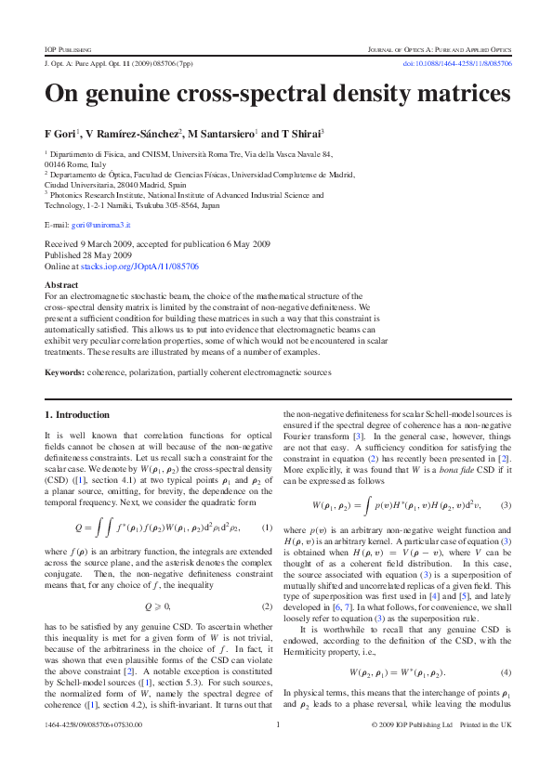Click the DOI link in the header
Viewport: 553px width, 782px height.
click(454, 63)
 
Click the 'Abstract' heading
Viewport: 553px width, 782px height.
click(61, 284)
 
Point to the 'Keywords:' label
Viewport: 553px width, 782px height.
click(65, 372)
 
